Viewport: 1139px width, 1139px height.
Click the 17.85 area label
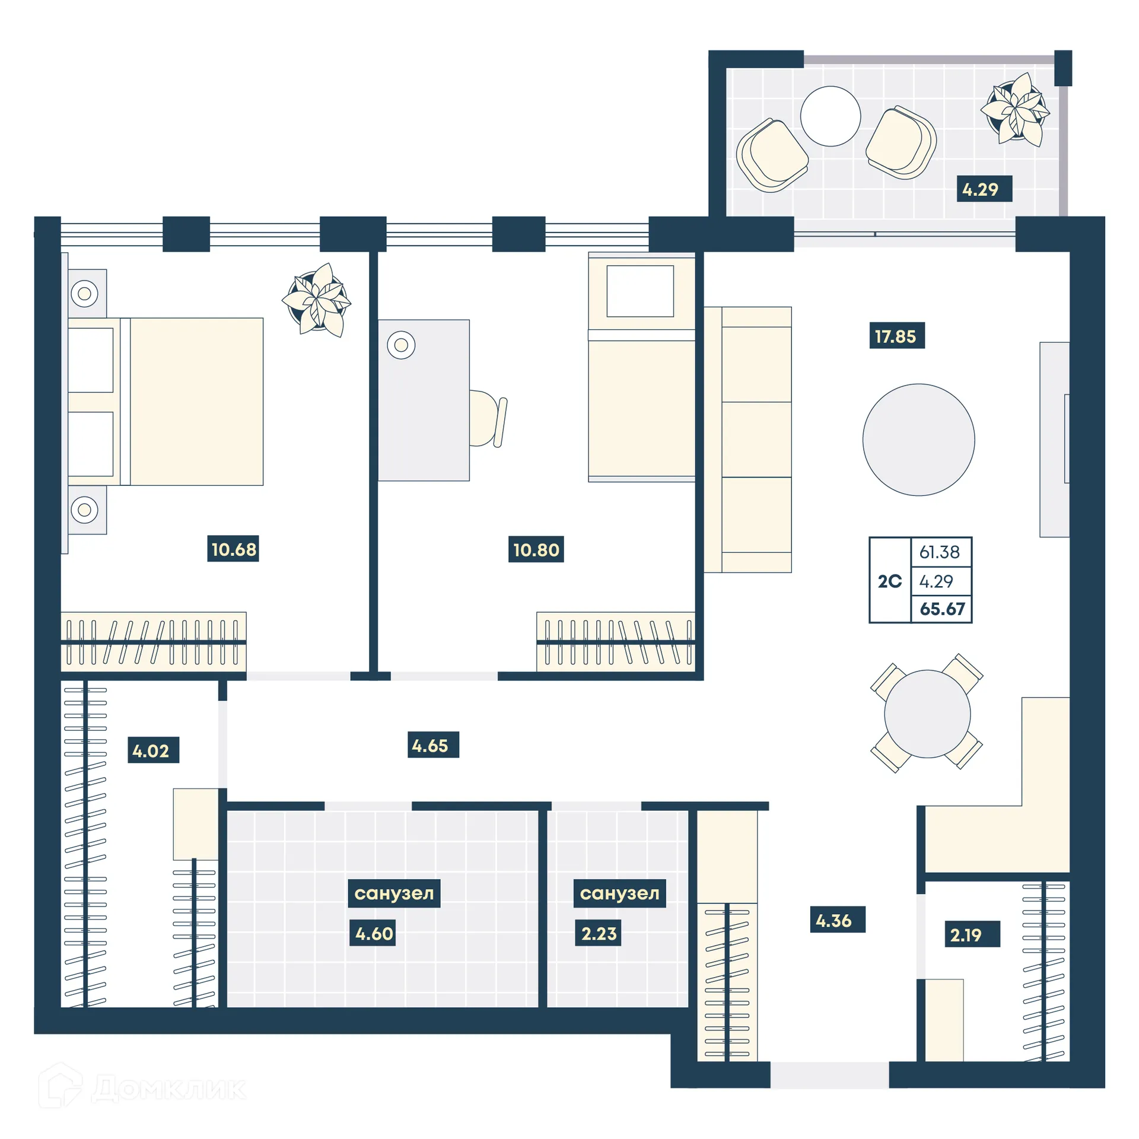click(896, 336)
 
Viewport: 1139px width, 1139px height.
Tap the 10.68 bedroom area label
click(234, 549)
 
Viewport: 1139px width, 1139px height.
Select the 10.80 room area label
click(536, 549)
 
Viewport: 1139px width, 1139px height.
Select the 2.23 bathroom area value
click(598, 933)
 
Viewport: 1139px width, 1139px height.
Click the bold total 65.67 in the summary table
click(942, 609)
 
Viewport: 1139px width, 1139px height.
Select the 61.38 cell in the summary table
click(940, 552)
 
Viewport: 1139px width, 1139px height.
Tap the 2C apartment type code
click(889, 581)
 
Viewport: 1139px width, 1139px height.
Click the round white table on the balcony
click(830, 116)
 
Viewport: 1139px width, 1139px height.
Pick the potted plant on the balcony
click(1016, 110)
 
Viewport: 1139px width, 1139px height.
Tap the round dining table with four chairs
click(927, 714)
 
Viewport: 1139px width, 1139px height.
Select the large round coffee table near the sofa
click(918, 440)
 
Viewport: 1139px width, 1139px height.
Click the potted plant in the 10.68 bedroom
click(317, 300)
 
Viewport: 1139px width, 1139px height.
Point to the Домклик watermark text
click(168, 1088)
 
